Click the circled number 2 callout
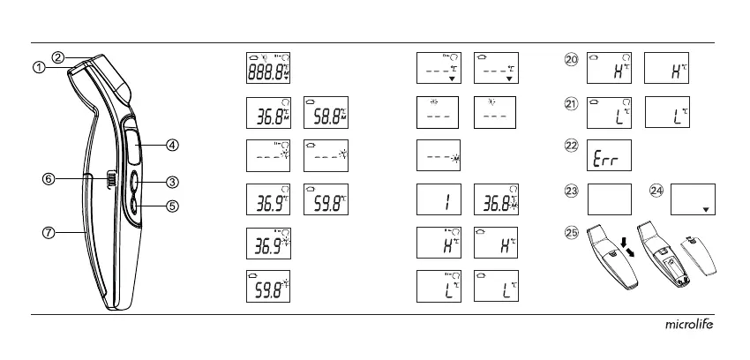pyautogui.click(x=57, y=57)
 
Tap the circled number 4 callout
pyautogui.click(x=172, y=145)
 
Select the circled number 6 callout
pyautogui.click(x=50, y=179)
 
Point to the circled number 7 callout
pyautogui.click(x=49, y=233)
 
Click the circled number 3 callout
pyautogui.click(x=172, y=183)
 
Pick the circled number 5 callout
pyautogui.click(x=172, y=206)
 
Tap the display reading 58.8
pyautogui.click(x=326, y=113)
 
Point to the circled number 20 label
pyautogui.click(x=571, y=61)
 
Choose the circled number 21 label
pyautogui.click(x=571, y=104)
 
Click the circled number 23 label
pyautogui.click(x=571, y=190)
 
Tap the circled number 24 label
pyautogui.click(x=656, y=190)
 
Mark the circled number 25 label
pyautogui.click(x=571, y=233)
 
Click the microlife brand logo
pyautogui.click(x=688, y=325)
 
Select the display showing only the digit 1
pyautogui.click(x=439, y=200)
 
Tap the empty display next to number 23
pyautogui.click(x=608, y=199)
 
